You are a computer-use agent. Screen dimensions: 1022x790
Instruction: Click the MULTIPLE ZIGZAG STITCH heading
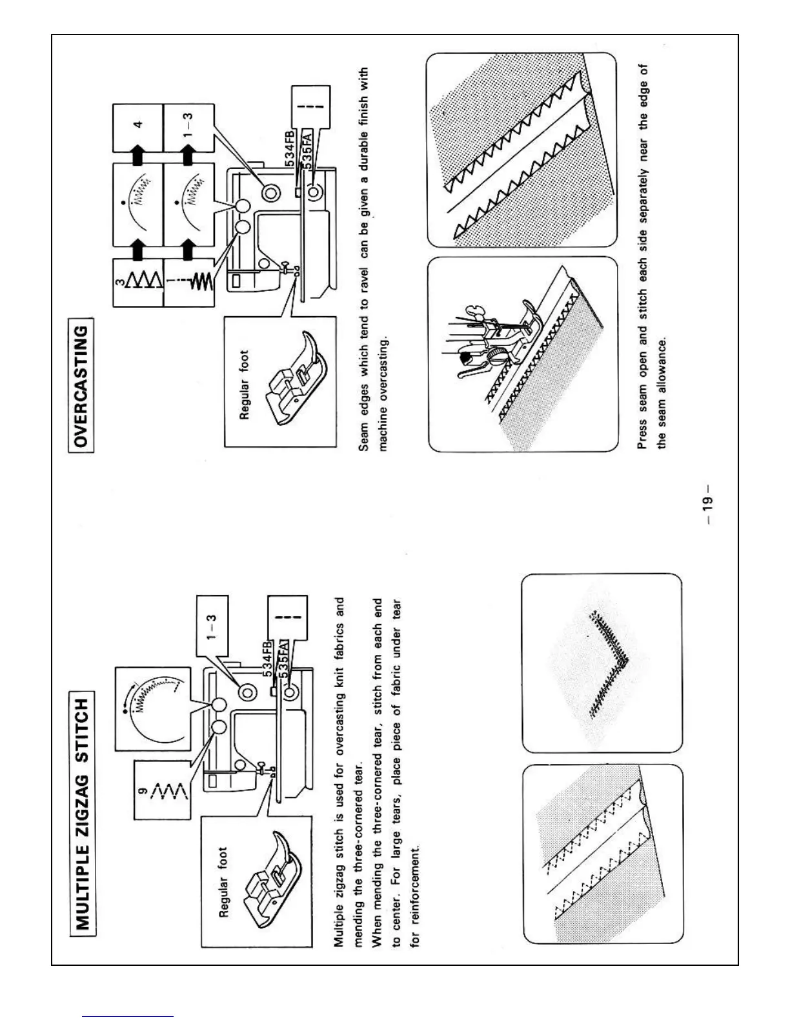pos(83,813)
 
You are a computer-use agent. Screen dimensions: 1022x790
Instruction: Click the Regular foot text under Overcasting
pos(245,385)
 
